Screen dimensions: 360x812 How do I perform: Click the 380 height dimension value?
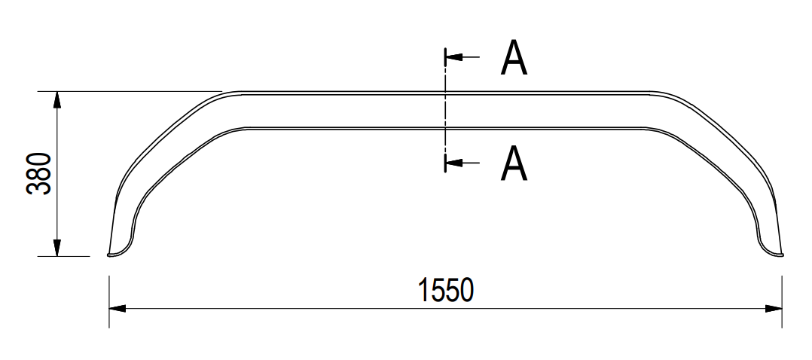click(x=39, y=174)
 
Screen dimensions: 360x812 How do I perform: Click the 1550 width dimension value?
click(x=447, y=291)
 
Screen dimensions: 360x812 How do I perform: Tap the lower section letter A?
click(x=514, y=163)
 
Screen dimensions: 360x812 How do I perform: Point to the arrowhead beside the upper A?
click(x=453, y=56)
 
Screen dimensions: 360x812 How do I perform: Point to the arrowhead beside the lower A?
click(x=453, y=161)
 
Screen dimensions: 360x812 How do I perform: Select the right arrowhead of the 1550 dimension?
click(x=774, y=308)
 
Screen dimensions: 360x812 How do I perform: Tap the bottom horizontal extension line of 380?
click(x=72, y=256)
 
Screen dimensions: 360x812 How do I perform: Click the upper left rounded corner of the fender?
click(x=226, y=95)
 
